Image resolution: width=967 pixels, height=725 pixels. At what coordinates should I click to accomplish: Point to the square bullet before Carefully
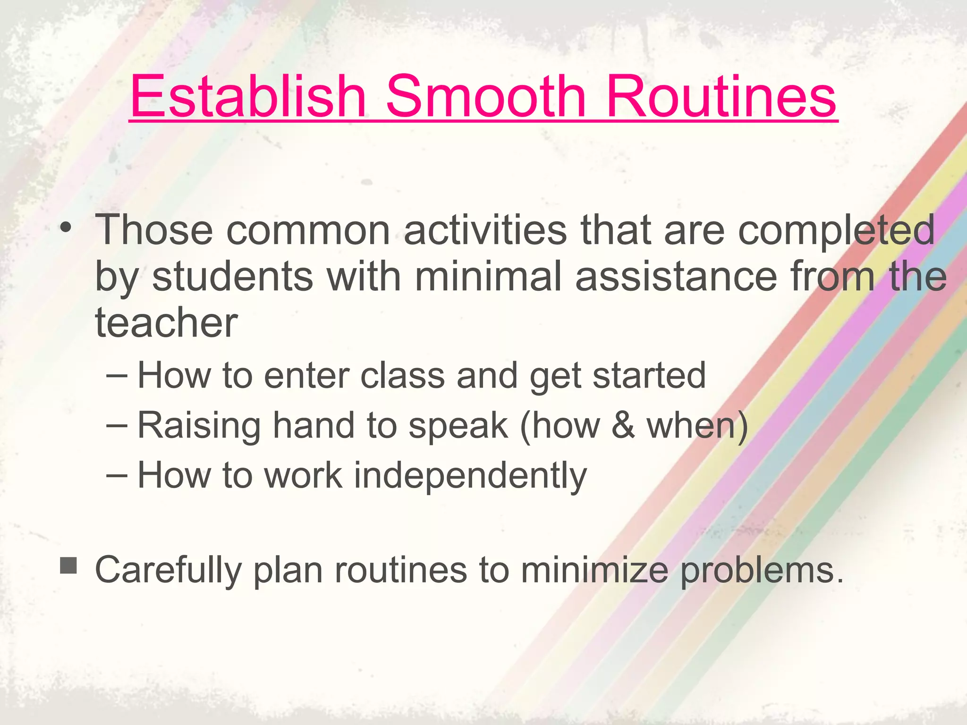[x=68, y=565]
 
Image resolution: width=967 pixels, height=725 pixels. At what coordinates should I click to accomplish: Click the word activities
[x=485, y=230]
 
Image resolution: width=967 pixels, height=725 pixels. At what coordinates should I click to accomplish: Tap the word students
[x=233, y=277]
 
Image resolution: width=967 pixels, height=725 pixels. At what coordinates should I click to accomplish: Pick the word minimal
[x=488, y=277]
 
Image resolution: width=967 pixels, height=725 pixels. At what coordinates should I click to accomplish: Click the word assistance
[x=676, y=277]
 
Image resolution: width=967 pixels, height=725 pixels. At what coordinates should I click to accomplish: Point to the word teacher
[x=166, y=323]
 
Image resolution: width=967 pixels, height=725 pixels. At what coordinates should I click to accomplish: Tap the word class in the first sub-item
[x=402, y=376]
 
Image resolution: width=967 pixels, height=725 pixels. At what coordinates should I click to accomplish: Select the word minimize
[x=594, y=570]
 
